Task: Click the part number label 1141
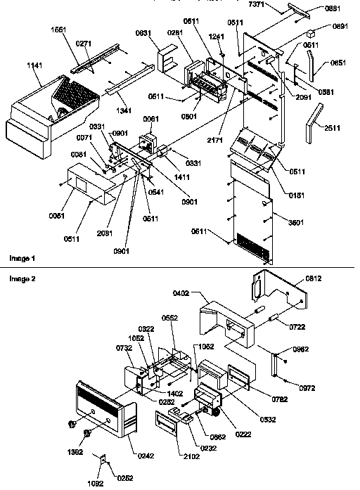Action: coord(36,65)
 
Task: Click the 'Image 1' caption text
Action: coord(22,259)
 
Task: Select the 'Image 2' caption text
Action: coord(22,278)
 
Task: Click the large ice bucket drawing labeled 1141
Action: coord(49,112)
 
